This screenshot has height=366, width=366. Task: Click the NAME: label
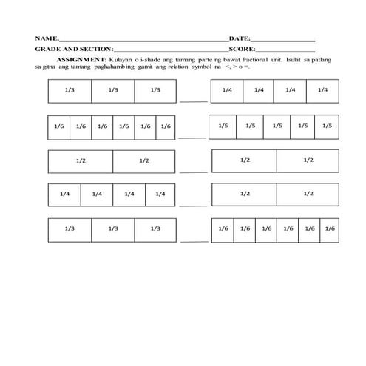45,37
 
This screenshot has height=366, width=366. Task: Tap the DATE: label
240,37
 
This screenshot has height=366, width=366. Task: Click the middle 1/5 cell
277,126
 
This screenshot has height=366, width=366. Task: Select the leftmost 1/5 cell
223,126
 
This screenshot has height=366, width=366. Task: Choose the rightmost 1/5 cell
327,126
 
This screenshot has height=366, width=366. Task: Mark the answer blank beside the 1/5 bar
192,137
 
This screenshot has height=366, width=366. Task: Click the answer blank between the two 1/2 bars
192,172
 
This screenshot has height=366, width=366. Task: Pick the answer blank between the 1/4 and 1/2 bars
192,205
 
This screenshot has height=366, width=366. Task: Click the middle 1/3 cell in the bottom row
112,229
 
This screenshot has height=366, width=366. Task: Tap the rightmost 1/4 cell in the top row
322,90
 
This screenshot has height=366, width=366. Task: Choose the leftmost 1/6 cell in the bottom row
223,229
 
